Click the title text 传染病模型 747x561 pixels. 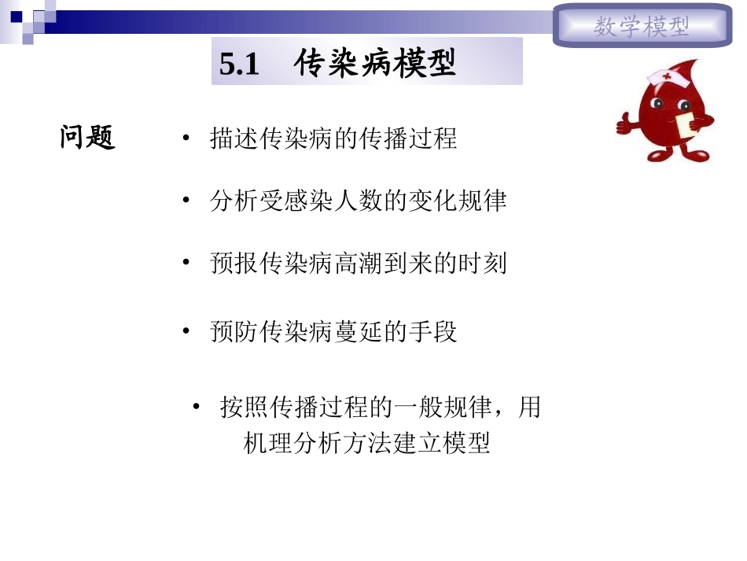pyautogui.click(x=376, y=65)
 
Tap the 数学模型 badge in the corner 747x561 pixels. pyautogui.click(x=642, y=28)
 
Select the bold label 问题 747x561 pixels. pyautogui.click(x=88, y=138)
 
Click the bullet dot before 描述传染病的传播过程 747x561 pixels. pyautogui.click(x=186, y=139)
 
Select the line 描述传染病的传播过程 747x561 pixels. pyautogui.click(x=333, y=139)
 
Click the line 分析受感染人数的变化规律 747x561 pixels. pyautogui.click(x=358, y=201)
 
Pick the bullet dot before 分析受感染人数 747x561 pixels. pyautogui.click(x=186, y=201)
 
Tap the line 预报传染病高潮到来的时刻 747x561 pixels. pyautogui.click(x=358, y=263)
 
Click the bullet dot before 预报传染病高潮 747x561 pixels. pyautogui.click(x=186, y=263)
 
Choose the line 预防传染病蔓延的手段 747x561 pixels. pyautogui.click(x=333, y=331)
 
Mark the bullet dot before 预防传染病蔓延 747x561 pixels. pyautogui.click(x=186, y=331)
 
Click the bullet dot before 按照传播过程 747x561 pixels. pyautogui.click(x=197, y=408)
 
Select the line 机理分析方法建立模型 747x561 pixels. pyautogui.click(x=367, y=443)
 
